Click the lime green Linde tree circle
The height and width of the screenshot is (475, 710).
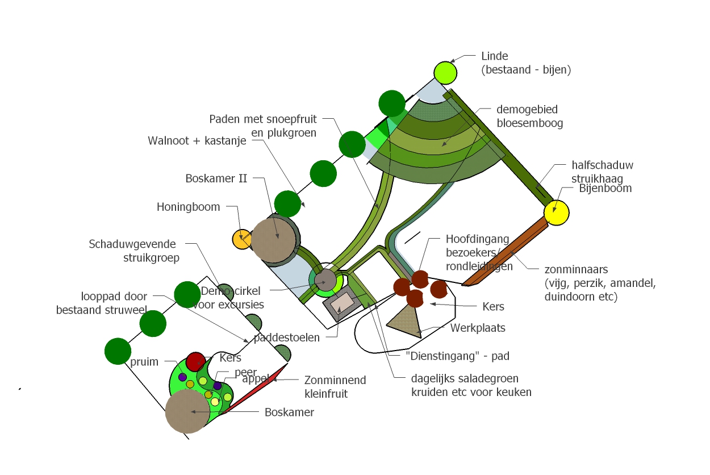[x=446, y=73]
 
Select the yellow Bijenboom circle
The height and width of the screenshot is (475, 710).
[x=556, y=212]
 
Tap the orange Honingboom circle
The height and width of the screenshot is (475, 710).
[x=243, y=239]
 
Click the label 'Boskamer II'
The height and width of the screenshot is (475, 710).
[x=216, y=178]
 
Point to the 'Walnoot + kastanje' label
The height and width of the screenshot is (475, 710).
[x=197, y=141]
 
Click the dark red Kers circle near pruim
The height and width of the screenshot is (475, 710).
[x=195, y=361]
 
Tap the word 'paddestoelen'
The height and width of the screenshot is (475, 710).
[x=286, y=338]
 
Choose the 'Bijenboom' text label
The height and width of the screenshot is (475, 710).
[x=605, y=188]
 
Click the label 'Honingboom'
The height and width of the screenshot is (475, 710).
[x=188, y=207]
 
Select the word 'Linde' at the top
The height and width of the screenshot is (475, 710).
[x=494, y=56]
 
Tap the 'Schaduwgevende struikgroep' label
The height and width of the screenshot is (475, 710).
[x=132, y=251]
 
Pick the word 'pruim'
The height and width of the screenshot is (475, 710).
[x=144, y=362]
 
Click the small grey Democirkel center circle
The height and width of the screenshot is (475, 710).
[x=326, y=280]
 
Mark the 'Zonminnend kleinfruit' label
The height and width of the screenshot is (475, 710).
[x=335, y=386]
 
